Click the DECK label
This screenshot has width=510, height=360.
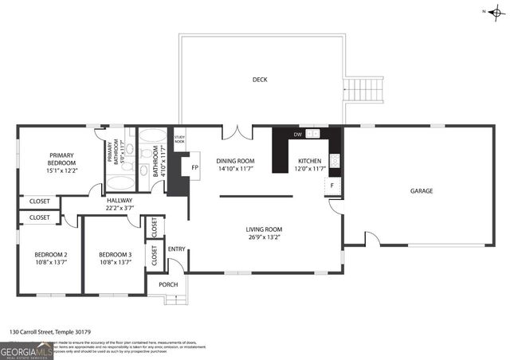[260, 80]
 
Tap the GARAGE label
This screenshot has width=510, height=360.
[422, 191]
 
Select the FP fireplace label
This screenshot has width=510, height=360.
[194, 168]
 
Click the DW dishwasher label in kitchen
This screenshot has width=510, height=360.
[298, 135]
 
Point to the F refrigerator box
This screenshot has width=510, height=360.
[332, 186]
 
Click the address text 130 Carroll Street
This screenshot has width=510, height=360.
[49, 331]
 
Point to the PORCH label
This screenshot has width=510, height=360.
[168, 284]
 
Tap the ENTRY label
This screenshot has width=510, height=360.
[176, 249]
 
